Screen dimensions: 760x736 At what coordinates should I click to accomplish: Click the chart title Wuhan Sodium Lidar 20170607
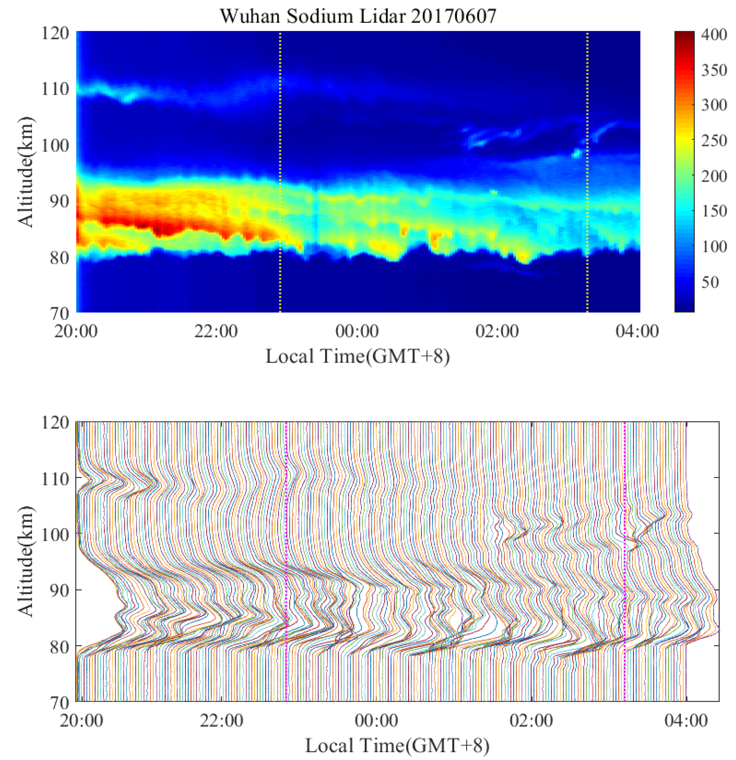click(358, 16)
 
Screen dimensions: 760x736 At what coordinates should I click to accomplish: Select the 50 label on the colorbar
click(710, 282)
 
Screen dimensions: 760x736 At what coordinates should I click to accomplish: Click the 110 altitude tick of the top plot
click(55, 89)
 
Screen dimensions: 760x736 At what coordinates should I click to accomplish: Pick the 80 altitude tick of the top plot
click(59, 257)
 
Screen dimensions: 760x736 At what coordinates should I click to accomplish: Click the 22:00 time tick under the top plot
click(216, 332)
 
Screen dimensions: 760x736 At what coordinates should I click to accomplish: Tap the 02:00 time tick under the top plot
click(497, 332)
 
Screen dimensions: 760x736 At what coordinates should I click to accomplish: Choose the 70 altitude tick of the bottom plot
click(59, 703)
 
